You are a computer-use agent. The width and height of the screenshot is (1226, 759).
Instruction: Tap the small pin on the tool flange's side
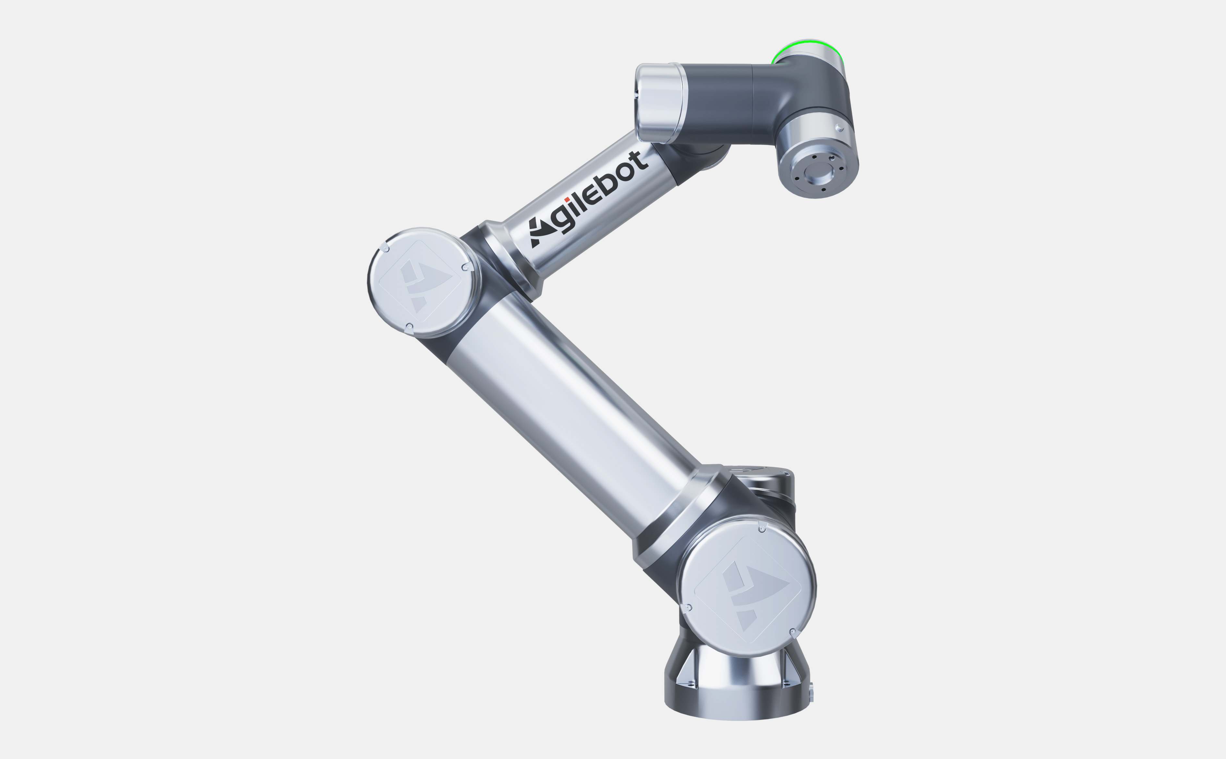point(840,127)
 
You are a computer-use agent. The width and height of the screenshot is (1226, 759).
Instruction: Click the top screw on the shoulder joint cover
point(762,528)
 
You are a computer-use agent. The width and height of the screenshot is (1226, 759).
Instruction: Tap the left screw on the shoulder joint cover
point(689,608)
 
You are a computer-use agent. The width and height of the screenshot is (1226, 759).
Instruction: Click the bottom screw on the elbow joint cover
point(409,327)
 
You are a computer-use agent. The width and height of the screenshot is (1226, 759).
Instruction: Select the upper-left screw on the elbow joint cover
point(385,247)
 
